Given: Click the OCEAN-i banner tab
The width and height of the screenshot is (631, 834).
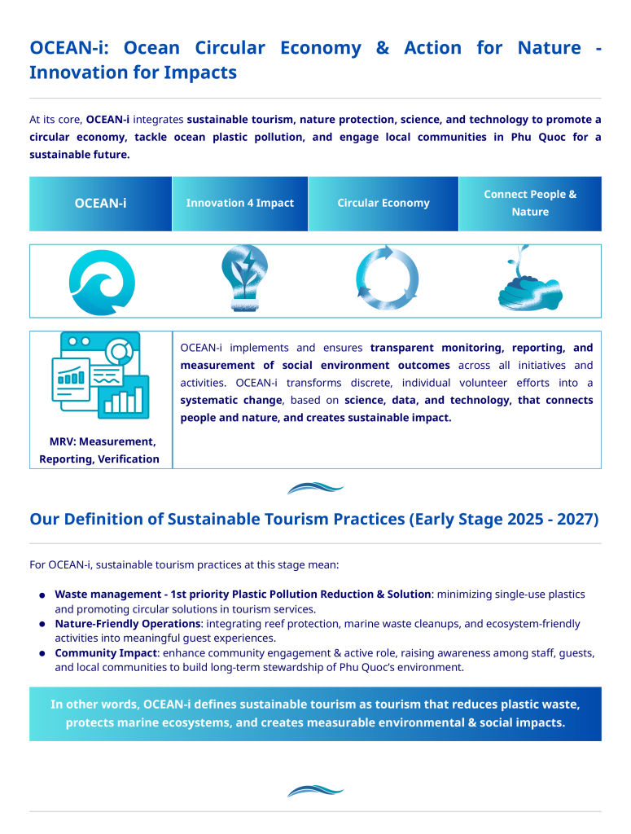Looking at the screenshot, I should coord(100,204).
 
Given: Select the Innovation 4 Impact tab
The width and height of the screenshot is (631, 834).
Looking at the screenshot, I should coord(239,204).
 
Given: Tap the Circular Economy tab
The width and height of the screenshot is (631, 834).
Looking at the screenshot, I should coord(383,204).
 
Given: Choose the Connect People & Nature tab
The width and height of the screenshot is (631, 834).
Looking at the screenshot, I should coord(530,204).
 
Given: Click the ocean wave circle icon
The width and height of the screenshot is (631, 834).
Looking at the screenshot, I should coord(102,282).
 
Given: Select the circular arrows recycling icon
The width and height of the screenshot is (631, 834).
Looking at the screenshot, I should coord(387,278).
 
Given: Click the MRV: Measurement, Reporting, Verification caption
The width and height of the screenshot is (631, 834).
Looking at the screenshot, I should coord(100,450).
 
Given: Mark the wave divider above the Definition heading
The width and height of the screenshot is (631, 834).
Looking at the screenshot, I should coord(315,488).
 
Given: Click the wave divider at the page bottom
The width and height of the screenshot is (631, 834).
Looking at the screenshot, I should coord(315,790).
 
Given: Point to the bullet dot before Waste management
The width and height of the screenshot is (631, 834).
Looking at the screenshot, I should coord(42,595).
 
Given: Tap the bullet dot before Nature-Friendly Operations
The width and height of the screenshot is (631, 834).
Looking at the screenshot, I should coord(42,625).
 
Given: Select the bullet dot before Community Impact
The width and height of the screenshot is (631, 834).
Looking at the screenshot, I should coord(42,654).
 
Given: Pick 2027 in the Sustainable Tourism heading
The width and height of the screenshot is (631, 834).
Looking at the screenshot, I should coord(577,520).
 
